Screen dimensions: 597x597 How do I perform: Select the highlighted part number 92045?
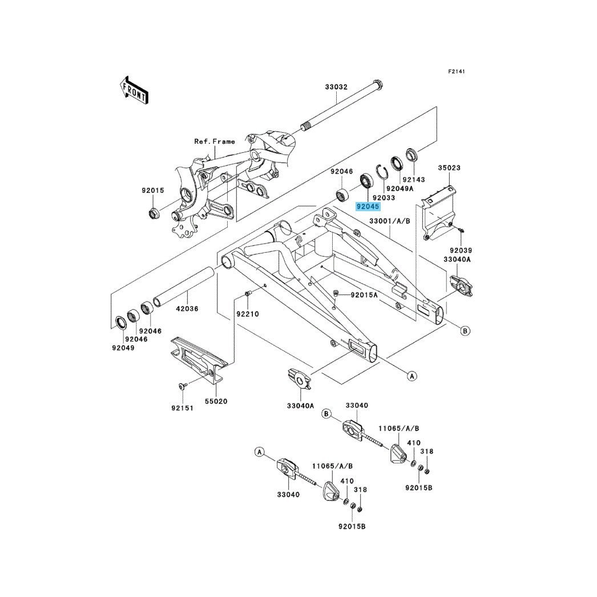tap(368, 207)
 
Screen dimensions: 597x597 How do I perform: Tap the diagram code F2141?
tap(456, 71)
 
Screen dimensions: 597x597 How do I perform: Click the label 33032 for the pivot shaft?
tap(336, 87)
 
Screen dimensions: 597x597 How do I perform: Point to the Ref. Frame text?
tap(215, 141)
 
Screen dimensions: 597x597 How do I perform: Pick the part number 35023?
tap(449, 168)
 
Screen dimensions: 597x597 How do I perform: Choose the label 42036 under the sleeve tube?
tap(187, 308)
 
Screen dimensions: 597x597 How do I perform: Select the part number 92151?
tap(182, 408)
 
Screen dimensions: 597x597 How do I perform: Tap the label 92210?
tap(248, 314)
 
